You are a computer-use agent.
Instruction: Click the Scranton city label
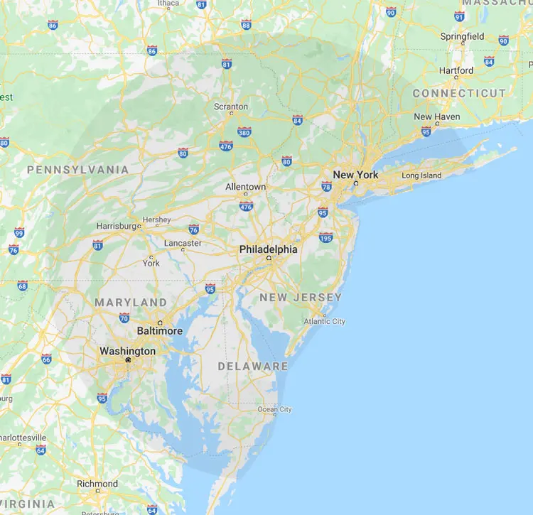pos(231,107)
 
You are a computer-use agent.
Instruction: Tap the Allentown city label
pos(245,187)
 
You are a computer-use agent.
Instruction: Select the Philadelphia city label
pos(268,249)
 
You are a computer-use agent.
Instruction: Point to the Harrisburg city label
pos(118,226)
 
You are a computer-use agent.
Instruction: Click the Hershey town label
pos(156,219)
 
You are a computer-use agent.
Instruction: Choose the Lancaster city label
pos(183,243)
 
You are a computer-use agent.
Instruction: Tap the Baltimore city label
pos(159,331)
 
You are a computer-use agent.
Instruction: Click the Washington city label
pos(127,351)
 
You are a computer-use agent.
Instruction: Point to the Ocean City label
pos(274,409)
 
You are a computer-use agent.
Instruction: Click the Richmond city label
pos(97,484)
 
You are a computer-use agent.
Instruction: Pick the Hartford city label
pos(456,70)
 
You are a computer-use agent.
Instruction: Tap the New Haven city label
pos(436,116)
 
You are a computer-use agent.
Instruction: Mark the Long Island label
pos(421,175)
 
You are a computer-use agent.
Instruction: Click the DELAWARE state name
pos(253,367)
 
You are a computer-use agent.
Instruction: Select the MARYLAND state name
pos(131,303)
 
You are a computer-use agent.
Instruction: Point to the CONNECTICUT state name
pos(459,93)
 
